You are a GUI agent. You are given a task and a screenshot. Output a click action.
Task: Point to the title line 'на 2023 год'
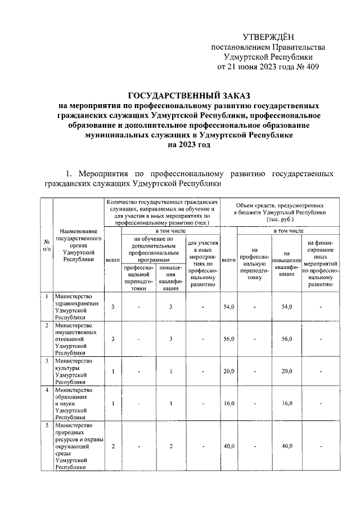(188, 145)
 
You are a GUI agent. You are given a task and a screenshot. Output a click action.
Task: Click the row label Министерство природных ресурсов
(77, 446)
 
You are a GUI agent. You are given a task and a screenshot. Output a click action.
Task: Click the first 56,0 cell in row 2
(228, 339)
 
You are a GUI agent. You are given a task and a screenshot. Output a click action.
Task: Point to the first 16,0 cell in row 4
(228, 403)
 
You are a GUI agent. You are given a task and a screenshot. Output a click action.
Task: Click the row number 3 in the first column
(46, 360)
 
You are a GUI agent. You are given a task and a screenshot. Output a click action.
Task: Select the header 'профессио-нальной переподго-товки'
(135, 278)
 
